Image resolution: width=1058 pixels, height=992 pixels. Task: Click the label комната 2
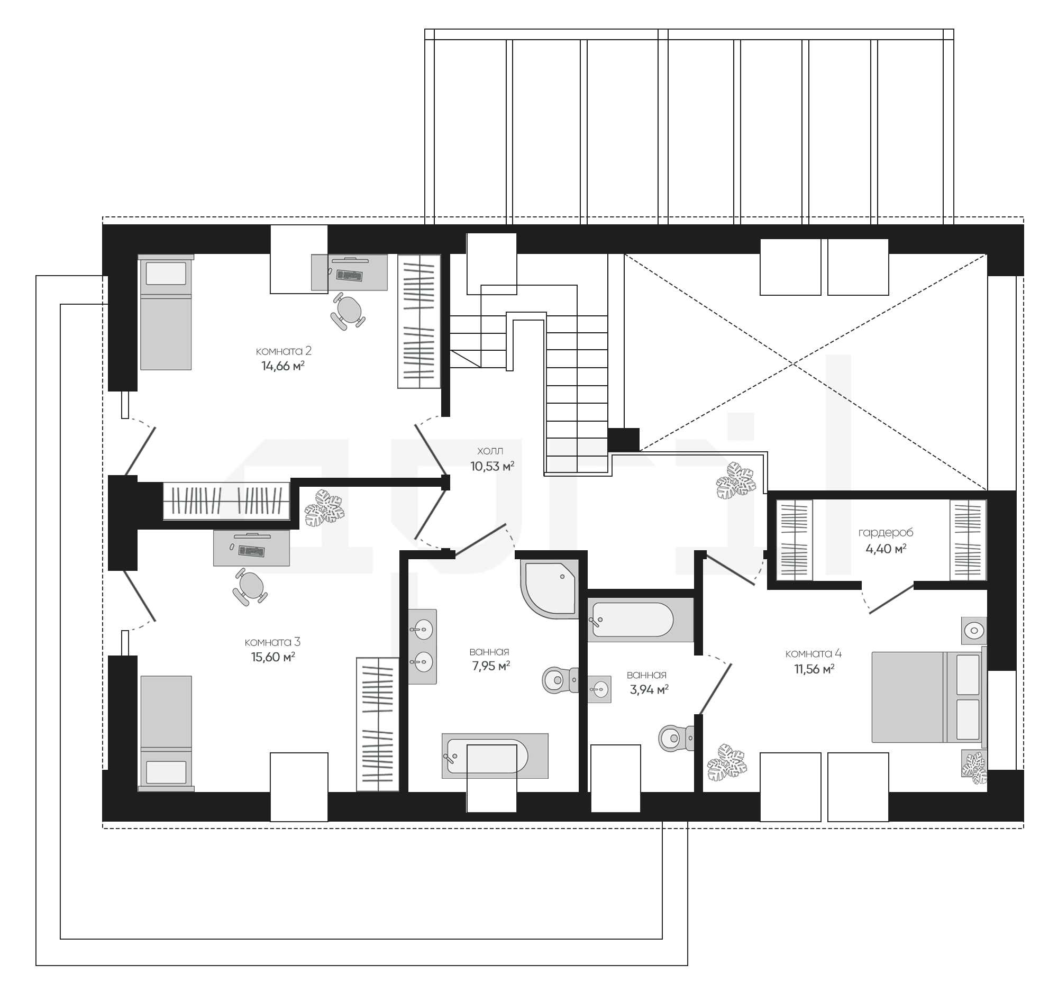pos(284,351)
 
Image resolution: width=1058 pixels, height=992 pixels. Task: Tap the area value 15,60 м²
pos(273,657)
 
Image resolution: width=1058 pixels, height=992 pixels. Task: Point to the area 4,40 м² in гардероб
pos(886,549)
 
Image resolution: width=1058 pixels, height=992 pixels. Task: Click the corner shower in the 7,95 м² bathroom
pos(549,589)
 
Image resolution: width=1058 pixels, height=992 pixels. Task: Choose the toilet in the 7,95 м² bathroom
pos(560,680)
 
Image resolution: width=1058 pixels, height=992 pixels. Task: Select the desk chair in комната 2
pos(348,312)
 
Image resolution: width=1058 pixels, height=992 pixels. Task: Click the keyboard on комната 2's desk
pos(349,276)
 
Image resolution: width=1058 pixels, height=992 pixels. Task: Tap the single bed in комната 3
pos(166,734)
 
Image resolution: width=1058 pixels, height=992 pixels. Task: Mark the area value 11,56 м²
pos(814,669)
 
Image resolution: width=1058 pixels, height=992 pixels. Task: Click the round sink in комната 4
pos(974,631)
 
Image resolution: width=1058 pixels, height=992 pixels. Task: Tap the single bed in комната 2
pos(166,312)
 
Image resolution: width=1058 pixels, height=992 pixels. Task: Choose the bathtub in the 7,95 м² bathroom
pos(495,756)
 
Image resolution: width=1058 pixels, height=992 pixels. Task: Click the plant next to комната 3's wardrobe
pos(324,508)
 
